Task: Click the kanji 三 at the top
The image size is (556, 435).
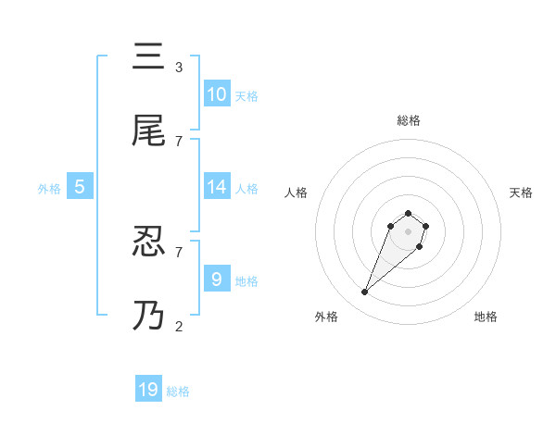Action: point(149,58)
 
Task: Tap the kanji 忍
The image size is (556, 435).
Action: point(149,242)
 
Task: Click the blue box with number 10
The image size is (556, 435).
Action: point(217,94)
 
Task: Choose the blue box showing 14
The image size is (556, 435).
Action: point(217,187)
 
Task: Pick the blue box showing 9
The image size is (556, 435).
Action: point(217,279)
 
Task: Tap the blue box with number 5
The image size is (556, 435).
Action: point(80,187)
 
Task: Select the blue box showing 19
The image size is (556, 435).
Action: point(148,390)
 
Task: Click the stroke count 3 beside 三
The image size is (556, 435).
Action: point(179,68)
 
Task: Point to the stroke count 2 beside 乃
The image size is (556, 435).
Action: point(179,326)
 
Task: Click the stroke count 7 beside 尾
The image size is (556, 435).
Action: point(179,141)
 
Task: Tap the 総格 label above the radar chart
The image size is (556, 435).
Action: point(409,120)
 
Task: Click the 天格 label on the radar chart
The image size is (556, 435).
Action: point(522,193)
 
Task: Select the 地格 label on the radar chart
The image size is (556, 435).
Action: point(486,317)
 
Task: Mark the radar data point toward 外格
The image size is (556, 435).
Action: point(365,292)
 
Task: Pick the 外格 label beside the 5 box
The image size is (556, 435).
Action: point(49,188)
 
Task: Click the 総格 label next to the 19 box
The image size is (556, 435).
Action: point(178,391)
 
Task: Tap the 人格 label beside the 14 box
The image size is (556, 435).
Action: point(246,188)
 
